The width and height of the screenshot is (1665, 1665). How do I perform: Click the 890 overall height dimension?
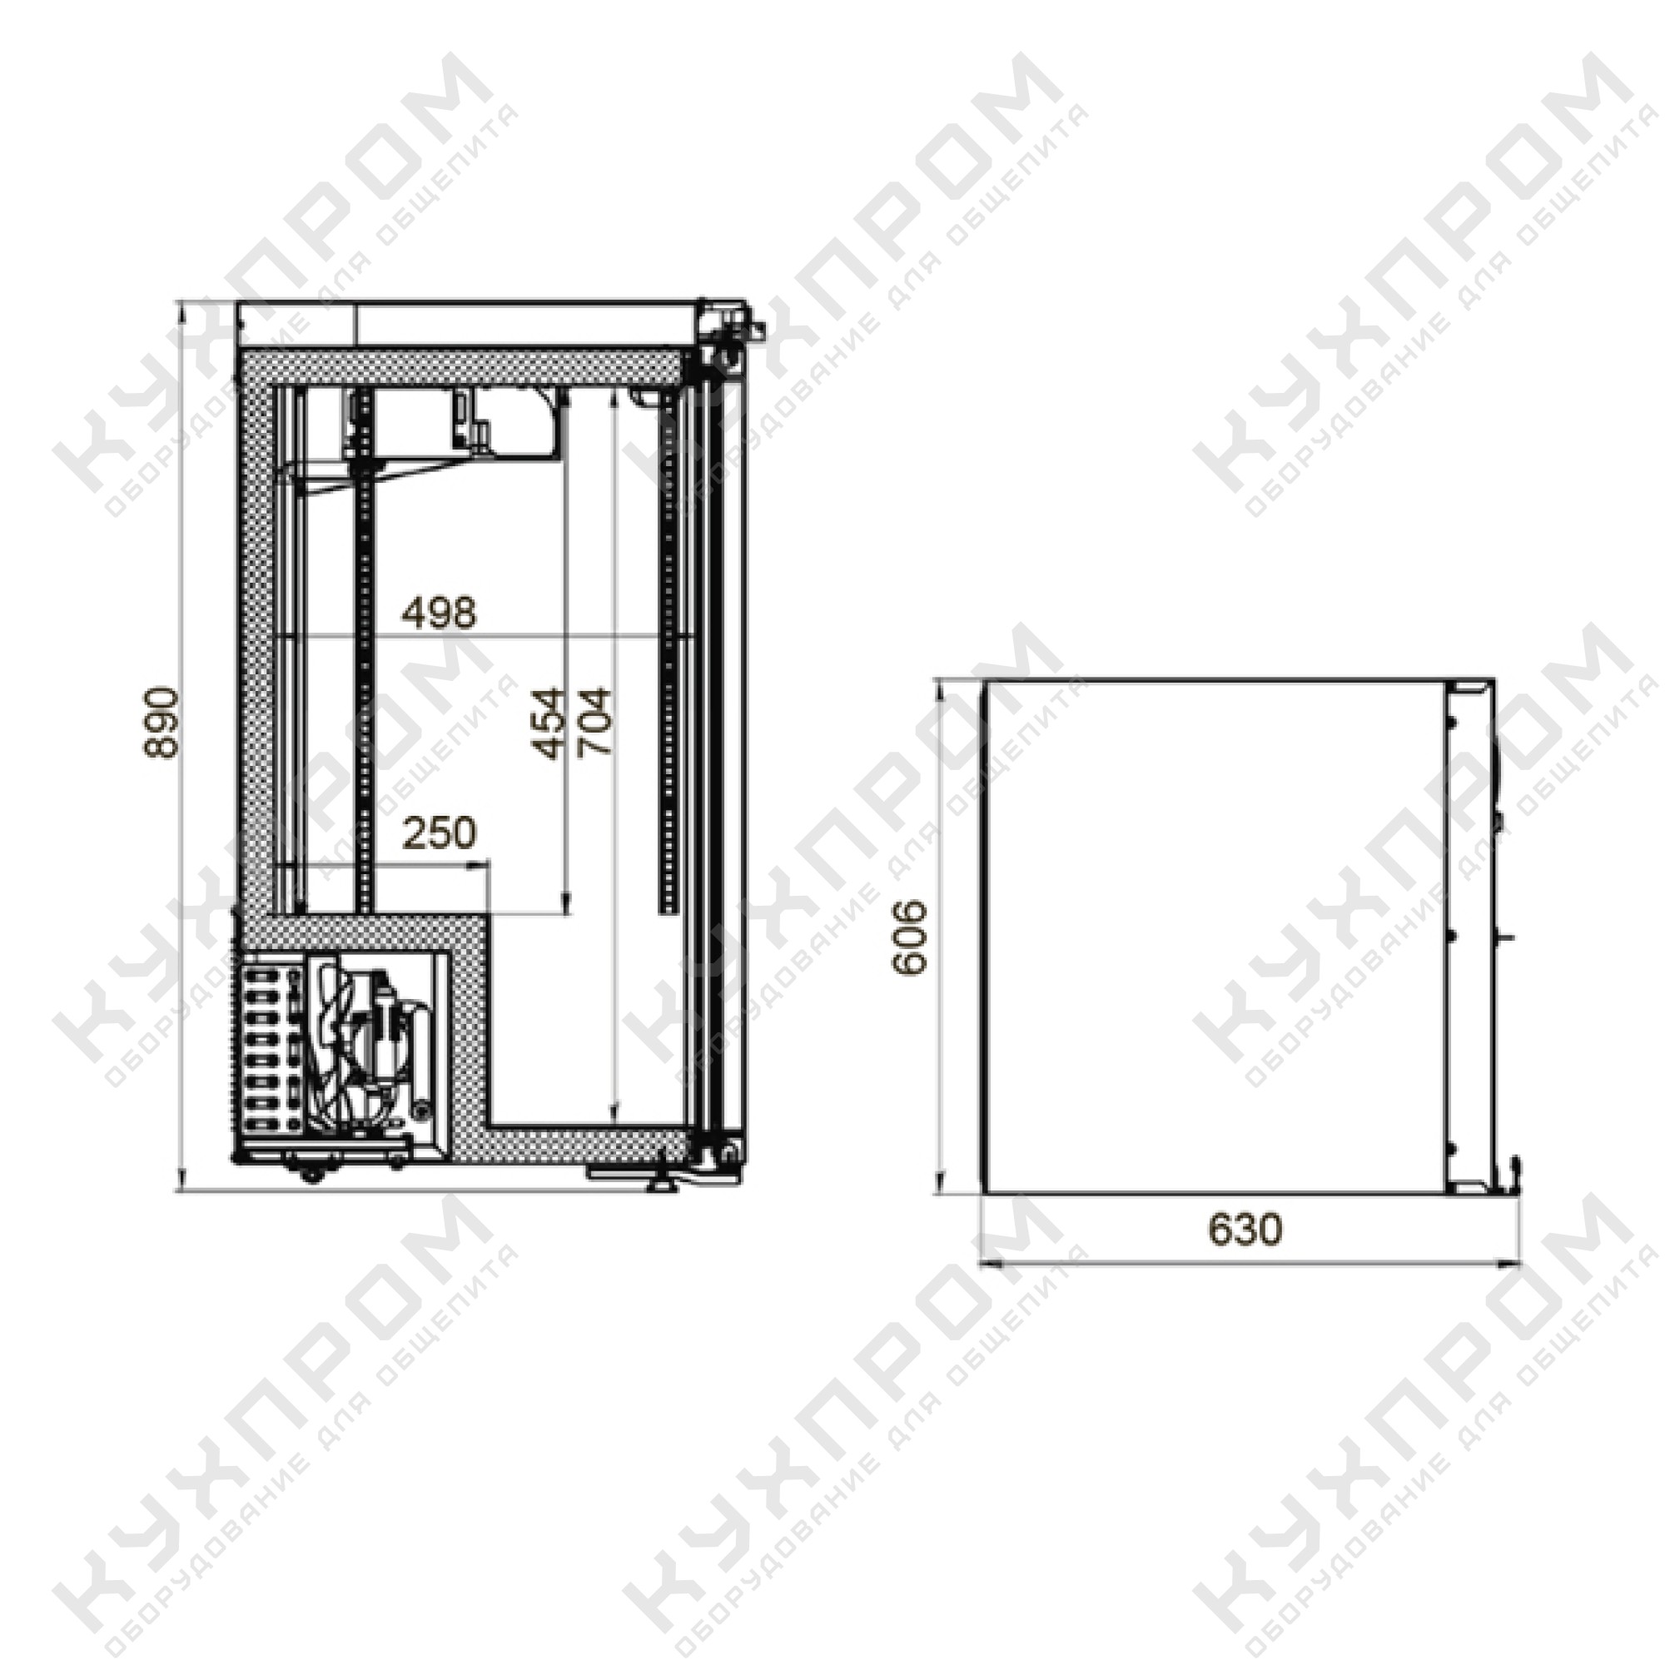[162, 722]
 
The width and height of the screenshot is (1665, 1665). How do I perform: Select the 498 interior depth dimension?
[440, 613]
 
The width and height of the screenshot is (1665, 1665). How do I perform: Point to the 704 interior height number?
[594, 722]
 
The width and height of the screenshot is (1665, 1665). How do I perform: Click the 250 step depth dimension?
[440, 832]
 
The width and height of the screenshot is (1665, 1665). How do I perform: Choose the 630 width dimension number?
[1245, 1230]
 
